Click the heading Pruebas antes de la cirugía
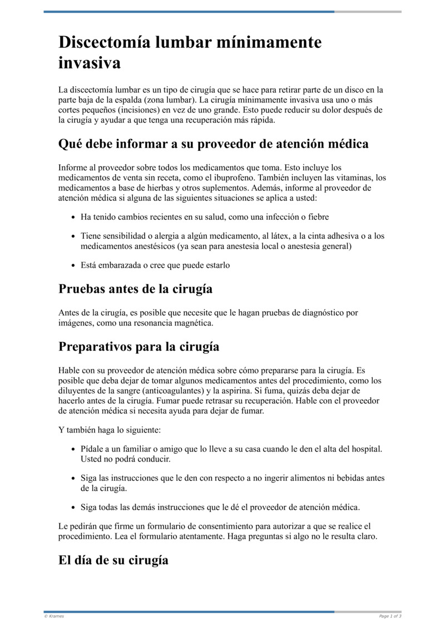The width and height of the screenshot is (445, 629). pos(135,289)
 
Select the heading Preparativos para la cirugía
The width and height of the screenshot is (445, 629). pos(139,347)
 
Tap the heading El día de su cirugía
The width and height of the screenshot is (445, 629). pos(113,560)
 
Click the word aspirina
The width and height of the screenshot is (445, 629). pos(228,391)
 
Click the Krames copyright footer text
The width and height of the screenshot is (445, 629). pos(54,616)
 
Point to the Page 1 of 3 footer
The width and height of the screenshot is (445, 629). pos(390,616)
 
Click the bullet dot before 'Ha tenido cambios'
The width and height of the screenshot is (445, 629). pos(73,217)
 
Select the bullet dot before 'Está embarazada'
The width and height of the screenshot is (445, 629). pos(73,266)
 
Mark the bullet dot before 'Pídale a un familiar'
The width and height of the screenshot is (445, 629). pos(73,449)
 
